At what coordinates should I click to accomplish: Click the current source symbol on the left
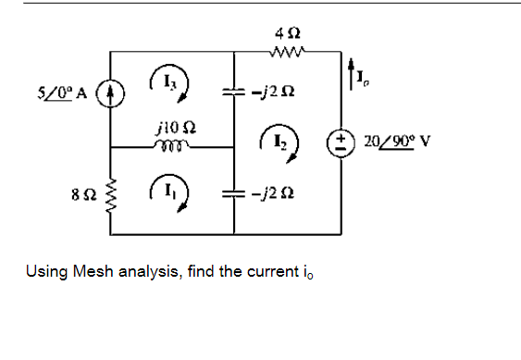[x=112, y=93]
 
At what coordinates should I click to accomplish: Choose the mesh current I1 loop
[x=174, y=196]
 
